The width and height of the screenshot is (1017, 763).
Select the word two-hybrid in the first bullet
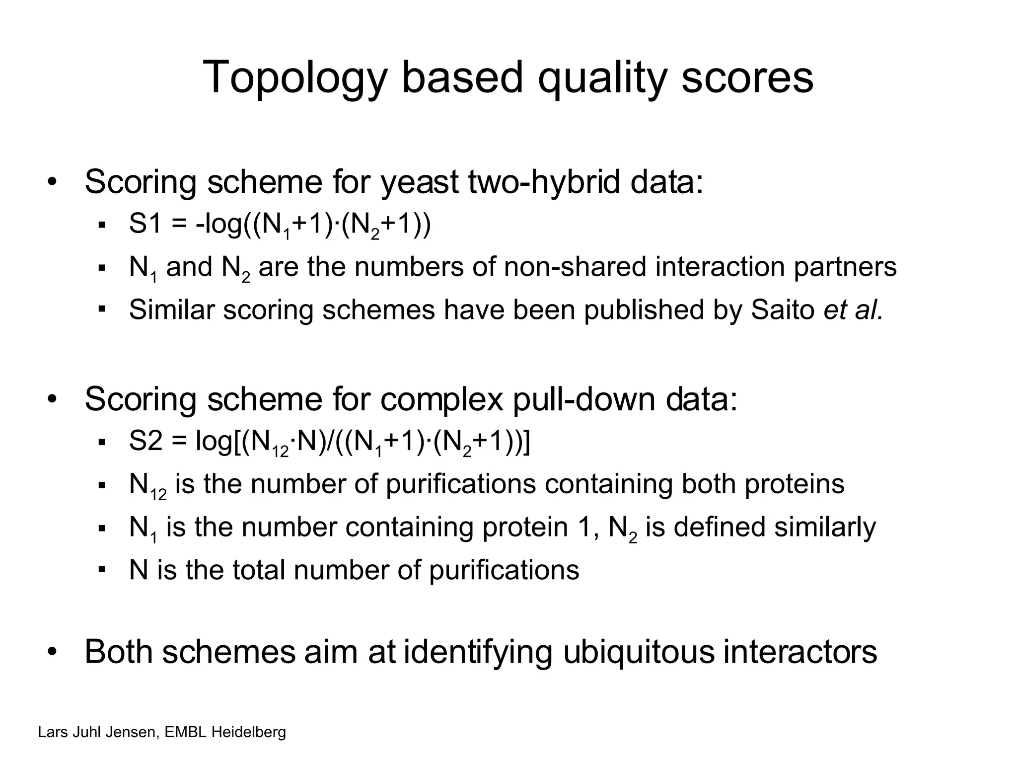pos(544,182)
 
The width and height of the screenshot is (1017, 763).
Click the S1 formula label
pos(145,224)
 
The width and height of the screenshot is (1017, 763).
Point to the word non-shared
pos(575,267)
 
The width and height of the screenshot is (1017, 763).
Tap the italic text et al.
pos(854,309)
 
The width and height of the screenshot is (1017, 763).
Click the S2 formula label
pos(145,441)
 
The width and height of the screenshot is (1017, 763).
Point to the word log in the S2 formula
pos(214,442)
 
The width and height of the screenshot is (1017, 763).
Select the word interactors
pos(800,652)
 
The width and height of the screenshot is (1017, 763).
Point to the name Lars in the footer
pos(50,733)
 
